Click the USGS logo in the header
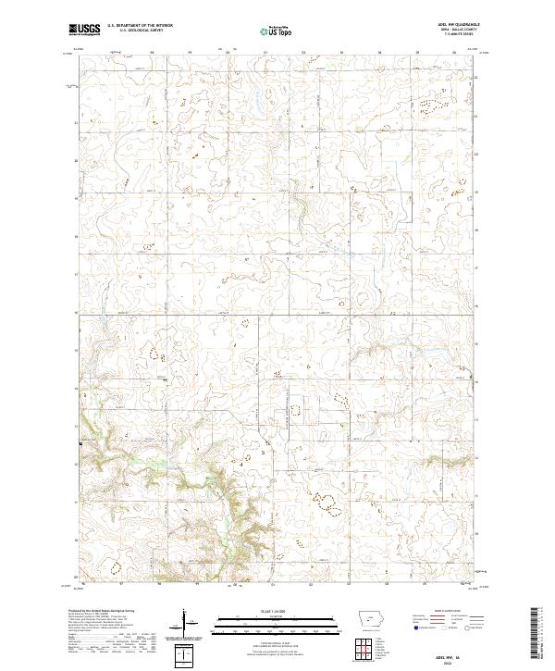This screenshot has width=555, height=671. click(84, 30)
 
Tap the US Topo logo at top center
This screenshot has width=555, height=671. click(272, 31)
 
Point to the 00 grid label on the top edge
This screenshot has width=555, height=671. click(228, 53)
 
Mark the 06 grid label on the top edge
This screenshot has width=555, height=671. click(454, 53)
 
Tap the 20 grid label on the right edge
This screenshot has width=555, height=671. click(476, 153)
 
